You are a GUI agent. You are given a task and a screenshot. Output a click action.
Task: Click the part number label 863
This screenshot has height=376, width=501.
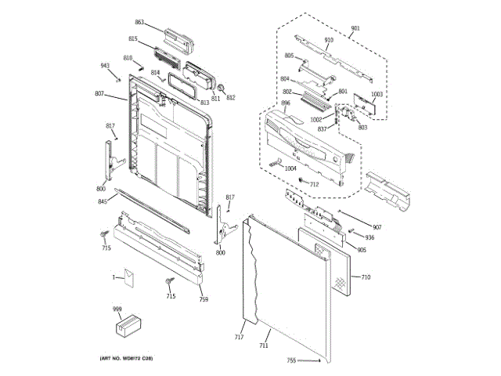pos(139,23)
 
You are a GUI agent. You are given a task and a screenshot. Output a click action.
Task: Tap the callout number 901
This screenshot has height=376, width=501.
pos(355,28)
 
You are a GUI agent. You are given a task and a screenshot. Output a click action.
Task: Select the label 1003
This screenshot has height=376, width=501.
pos(377,94)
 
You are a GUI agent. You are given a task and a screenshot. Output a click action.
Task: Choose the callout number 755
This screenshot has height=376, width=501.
pos(291,360)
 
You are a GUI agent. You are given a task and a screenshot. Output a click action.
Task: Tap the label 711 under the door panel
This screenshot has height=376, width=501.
pos(264,345)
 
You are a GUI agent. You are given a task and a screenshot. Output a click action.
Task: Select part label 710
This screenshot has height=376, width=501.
pos(366,277)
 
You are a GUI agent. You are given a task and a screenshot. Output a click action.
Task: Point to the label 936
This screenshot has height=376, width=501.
pos(369,237)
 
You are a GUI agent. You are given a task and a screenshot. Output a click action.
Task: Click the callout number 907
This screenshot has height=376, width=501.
pos(377,227)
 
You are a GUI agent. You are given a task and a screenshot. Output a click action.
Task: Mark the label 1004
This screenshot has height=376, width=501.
pos(290,168)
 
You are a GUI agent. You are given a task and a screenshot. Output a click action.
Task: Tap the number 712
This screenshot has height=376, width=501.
pos(314,184)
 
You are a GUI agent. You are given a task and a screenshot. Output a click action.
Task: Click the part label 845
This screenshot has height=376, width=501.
pos(103,201)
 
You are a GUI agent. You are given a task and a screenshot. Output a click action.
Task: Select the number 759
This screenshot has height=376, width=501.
pos(204,300)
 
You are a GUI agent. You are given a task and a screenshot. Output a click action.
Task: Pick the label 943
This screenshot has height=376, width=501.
pos(104,66)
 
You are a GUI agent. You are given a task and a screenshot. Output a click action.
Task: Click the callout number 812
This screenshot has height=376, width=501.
pos(230,98)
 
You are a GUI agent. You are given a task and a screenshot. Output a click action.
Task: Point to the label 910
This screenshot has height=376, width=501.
pos(329,40)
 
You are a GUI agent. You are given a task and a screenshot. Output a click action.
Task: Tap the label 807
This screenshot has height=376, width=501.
pos(99,94)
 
